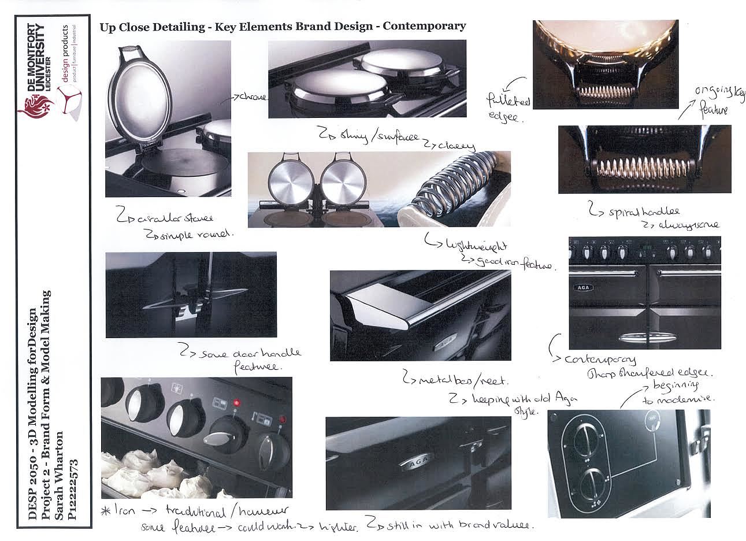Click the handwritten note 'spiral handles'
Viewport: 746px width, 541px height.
[634, 212]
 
